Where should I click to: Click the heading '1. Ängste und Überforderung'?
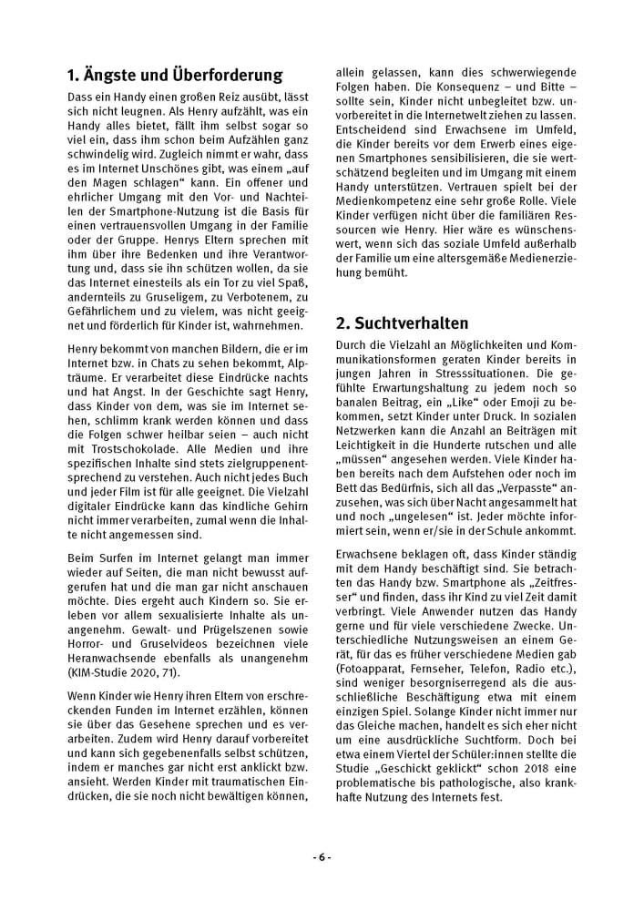click(x=175, y=75)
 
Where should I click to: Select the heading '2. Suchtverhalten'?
click(x=403, y=322)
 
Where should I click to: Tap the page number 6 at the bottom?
click(x=322, y=857)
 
